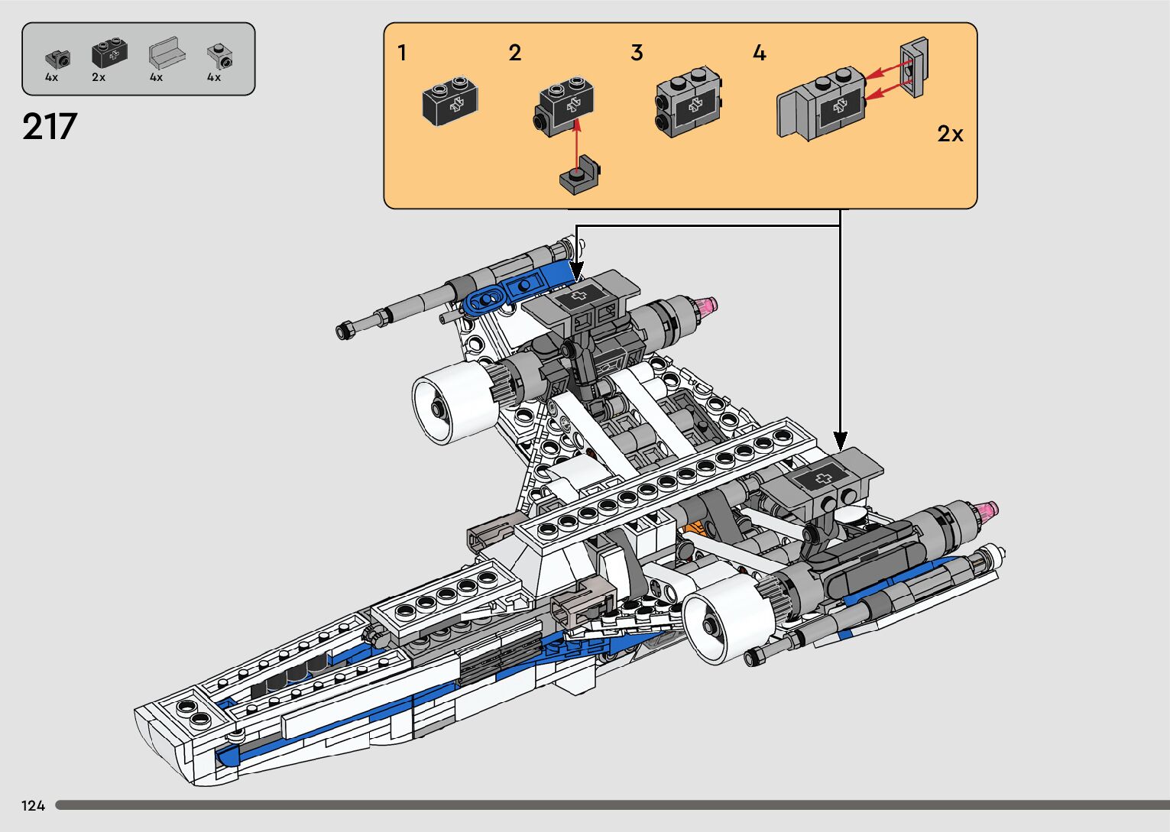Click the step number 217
[50, 126]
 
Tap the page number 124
[33, 805]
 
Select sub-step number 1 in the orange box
[402, 53]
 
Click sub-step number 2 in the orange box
[514, 53]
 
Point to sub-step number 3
[637, 53]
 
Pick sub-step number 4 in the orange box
[760, 53]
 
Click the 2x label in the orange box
[950, 134]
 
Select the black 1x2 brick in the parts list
[109, 53]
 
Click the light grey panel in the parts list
[167, 52]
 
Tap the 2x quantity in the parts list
[98, 77]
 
